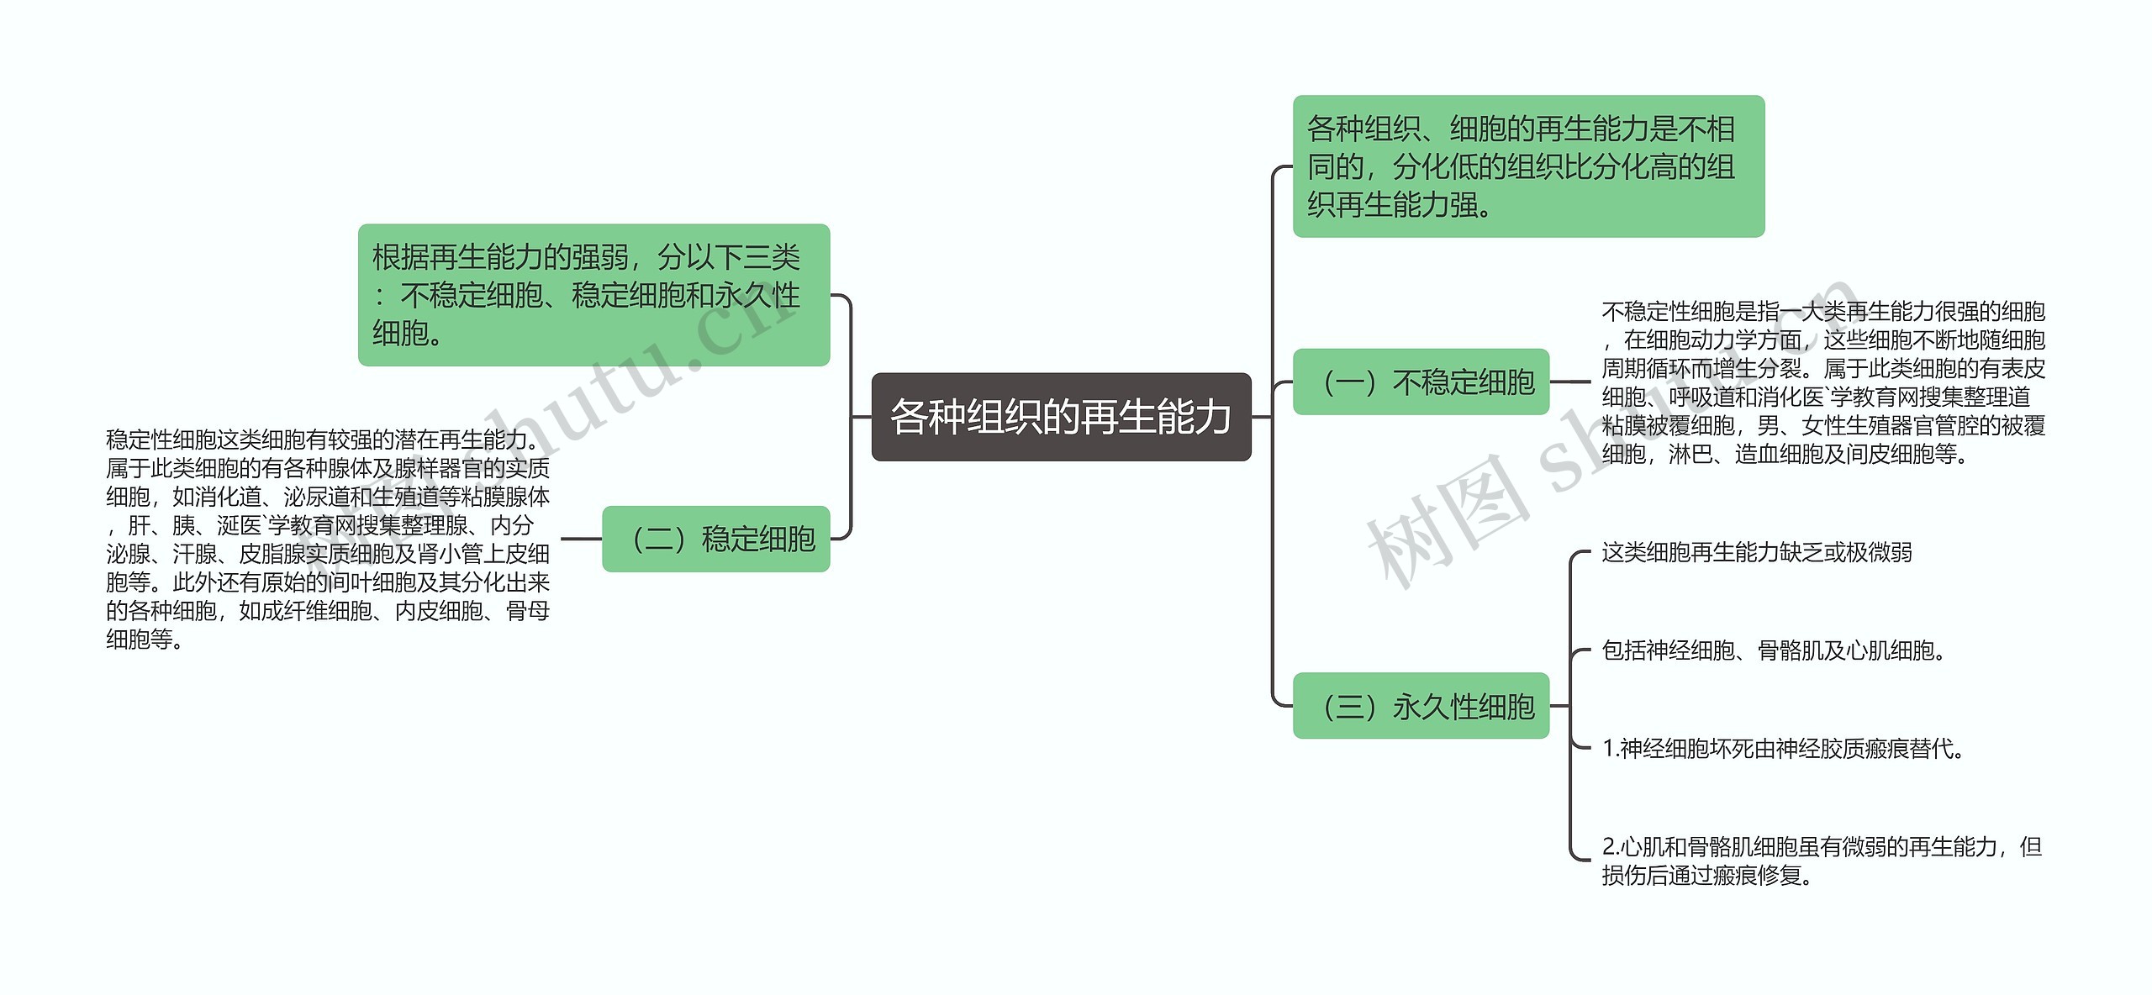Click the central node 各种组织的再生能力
click(1061, 417)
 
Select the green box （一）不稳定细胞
click(1421, 382)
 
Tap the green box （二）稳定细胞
click(716, 539)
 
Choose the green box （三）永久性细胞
click(1421, 706)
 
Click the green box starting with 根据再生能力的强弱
click(593, 295)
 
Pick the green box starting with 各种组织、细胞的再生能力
click(1527, 166)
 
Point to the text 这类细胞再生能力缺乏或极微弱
click(1756, 552)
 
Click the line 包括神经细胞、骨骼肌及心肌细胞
click(1773, 650)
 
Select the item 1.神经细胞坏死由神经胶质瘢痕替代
click(1782, 748)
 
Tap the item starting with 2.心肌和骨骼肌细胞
click(1821, 861)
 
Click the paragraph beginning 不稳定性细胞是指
click(1822, 382)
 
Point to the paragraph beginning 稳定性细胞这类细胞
click(328, 539)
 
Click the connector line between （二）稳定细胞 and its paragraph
click(581, 539)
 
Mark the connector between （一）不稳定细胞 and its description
click(1570, 382)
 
